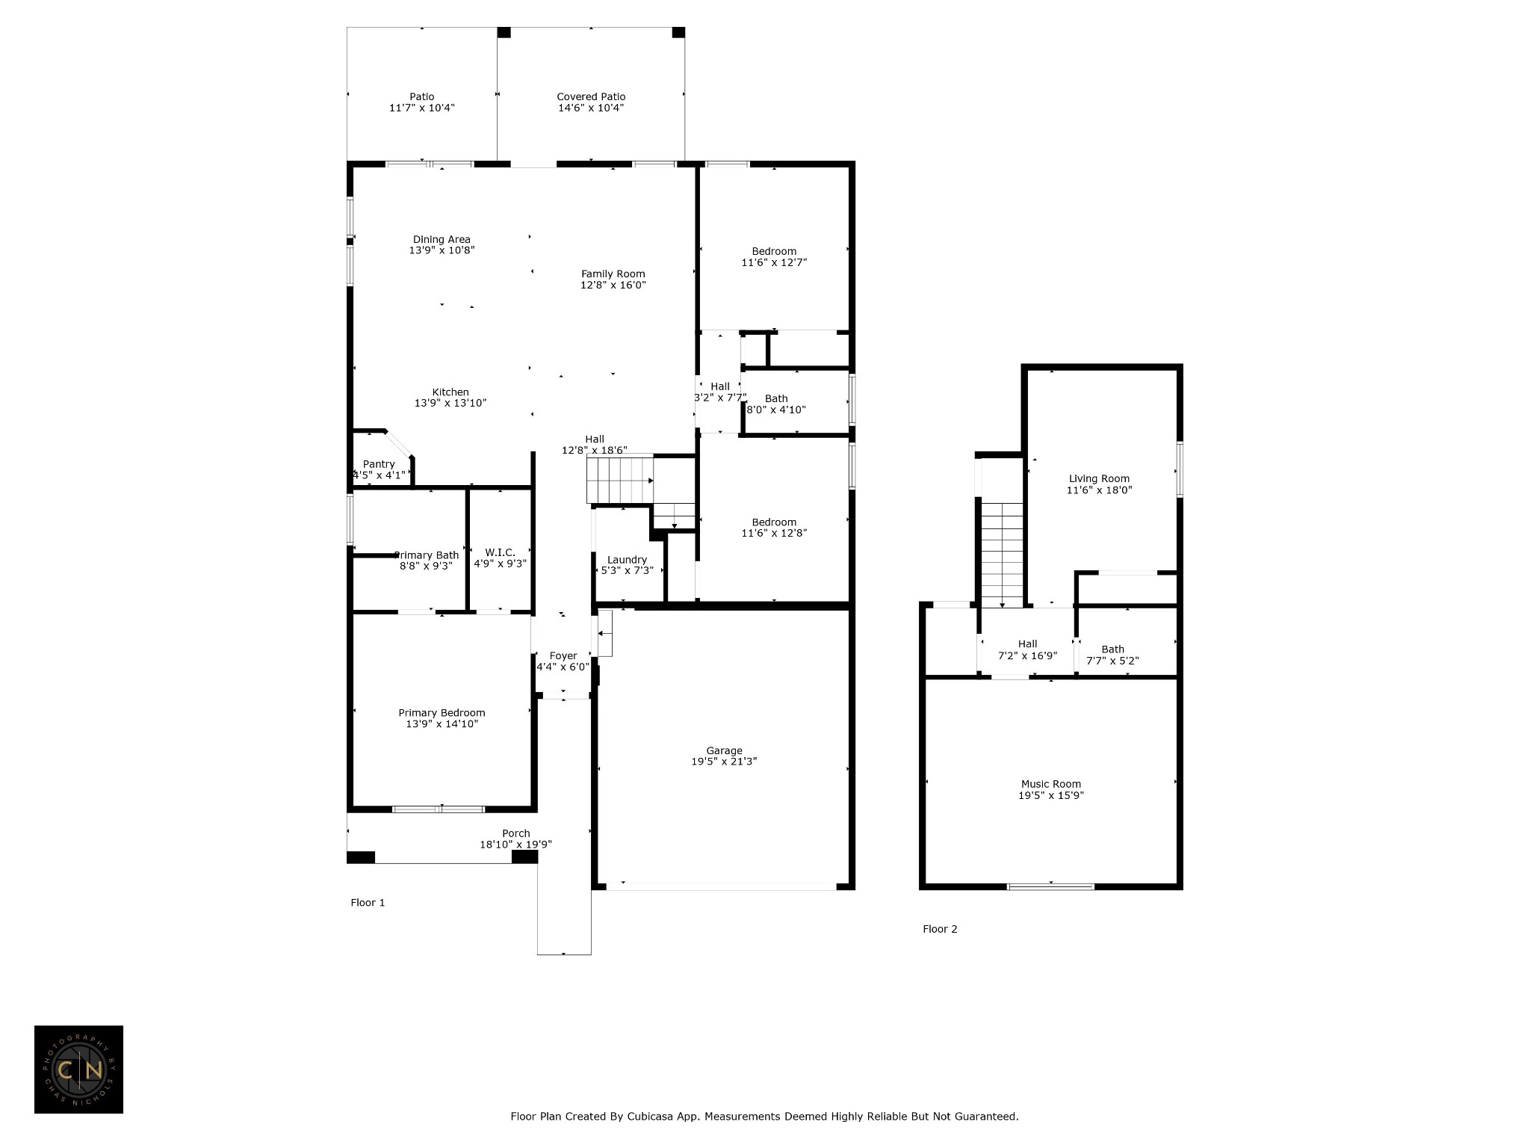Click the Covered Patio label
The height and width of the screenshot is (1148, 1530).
pyautogui.click(x=591, y=96)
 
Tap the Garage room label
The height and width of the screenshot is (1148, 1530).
pyautogui.click(x=725, y=750)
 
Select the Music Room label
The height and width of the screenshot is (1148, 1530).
pyautogui.click(x=1051, y=784)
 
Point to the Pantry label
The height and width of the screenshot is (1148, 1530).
pyautogui.click(x=379, y=464)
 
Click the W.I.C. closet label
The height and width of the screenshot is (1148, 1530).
pyautogui.click(x=500, y=552)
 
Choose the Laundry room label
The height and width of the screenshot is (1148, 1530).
pyautogui.click(x=627, y=560)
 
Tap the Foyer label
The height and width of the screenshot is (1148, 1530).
pyautogui.click(x=563, y=655)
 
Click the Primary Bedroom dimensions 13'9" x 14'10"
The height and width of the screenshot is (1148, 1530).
pyautogui.click(x=442, y=723)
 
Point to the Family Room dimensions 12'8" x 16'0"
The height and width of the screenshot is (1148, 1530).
pyautogui.click(x=613, y=285)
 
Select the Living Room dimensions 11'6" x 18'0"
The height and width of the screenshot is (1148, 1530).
pyautogui.click(x=1100, y=490)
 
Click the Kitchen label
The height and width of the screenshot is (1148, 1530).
pyautogui.click(x=450, y=392)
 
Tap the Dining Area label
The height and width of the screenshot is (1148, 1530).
pyautogui.click(x=442, y=239)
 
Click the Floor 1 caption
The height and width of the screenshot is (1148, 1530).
pyautogui.click(x=368, y=902)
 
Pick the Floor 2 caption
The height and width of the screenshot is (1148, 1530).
pyautogui.click(x=940, y=929)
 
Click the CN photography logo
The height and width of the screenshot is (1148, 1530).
pyautogui.click(x=78, y=1070)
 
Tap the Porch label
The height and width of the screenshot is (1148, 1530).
pyautogui.click(x=516, y=833)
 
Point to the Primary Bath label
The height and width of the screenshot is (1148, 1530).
pyautogui.click(x=427, y=555)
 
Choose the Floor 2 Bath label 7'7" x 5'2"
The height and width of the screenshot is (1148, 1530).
pyautogui.click(x=1112, y=655)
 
